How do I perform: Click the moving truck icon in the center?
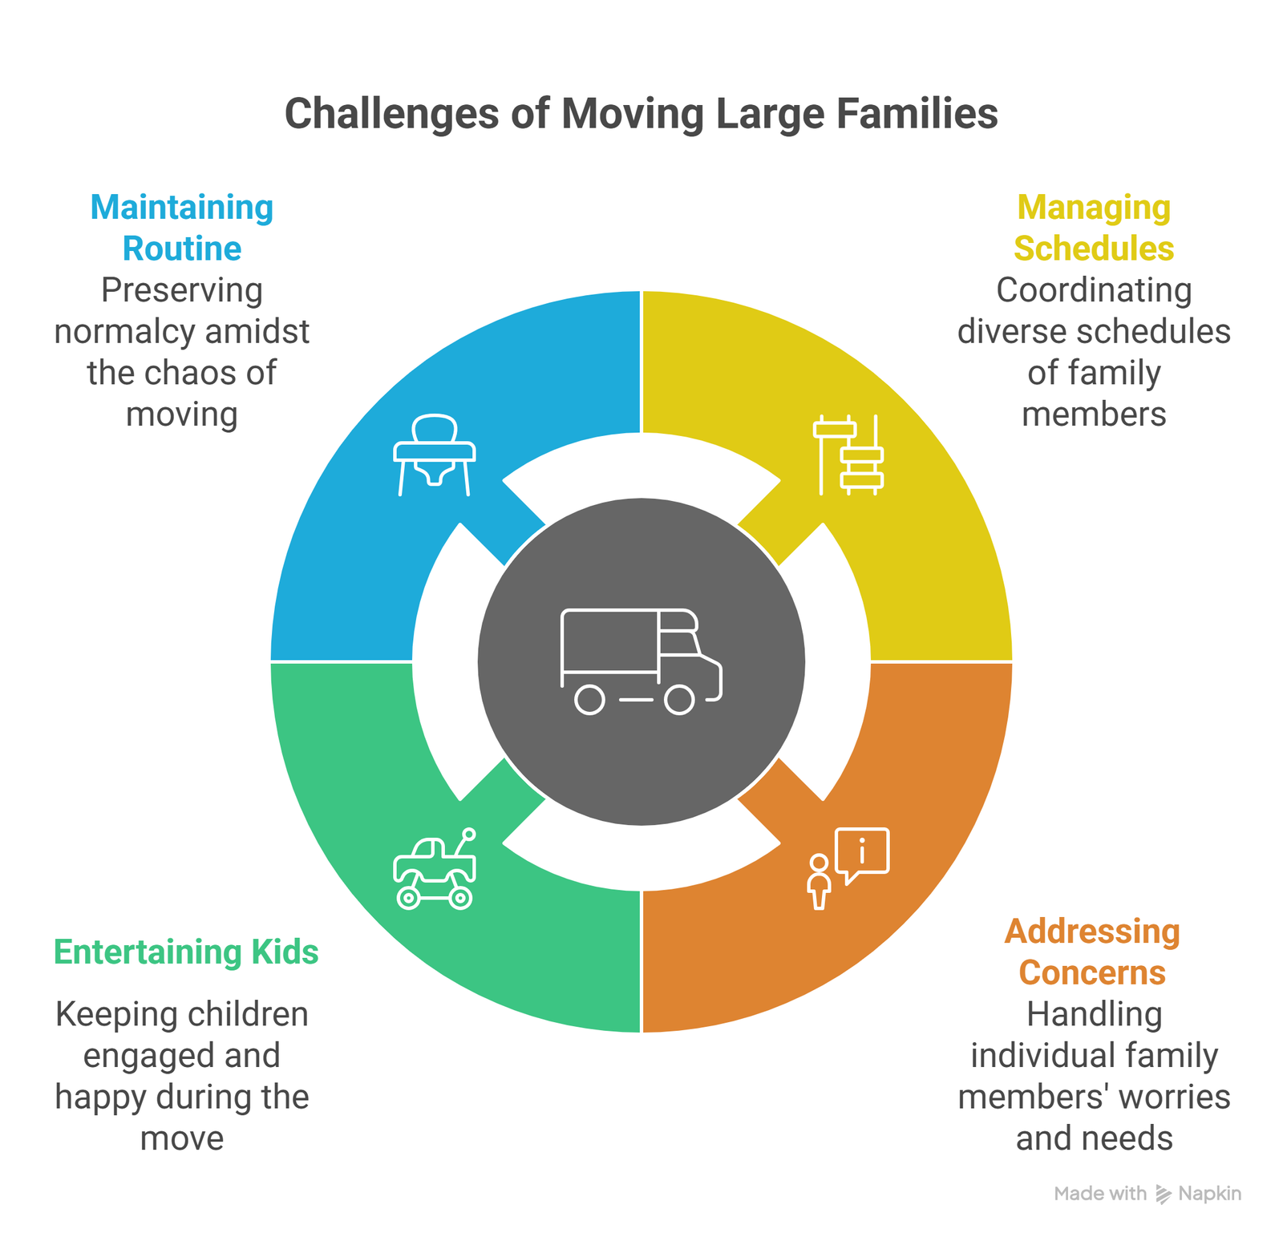[641, 661]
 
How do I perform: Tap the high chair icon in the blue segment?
[435, 455]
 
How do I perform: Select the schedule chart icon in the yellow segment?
[848, 455]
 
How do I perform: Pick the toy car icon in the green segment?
[435, 870]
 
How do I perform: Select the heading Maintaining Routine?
[182, 228]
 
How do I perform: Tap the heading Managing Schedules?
[1094, 228]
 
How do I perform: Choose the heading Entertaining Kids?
[186, 952]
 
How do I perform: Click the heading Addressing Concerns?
[1092, 952]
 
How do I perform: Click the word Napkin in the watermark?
[1209, 1194]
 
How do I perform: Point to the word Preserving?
[182, 290]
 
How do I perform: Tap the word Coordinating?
[1094, 290]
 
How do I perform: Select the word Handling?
[1094, 1014]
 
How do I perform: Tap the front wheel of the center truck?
[679, 700]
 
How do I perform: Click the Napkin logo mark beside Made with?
[1163, 1195]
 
